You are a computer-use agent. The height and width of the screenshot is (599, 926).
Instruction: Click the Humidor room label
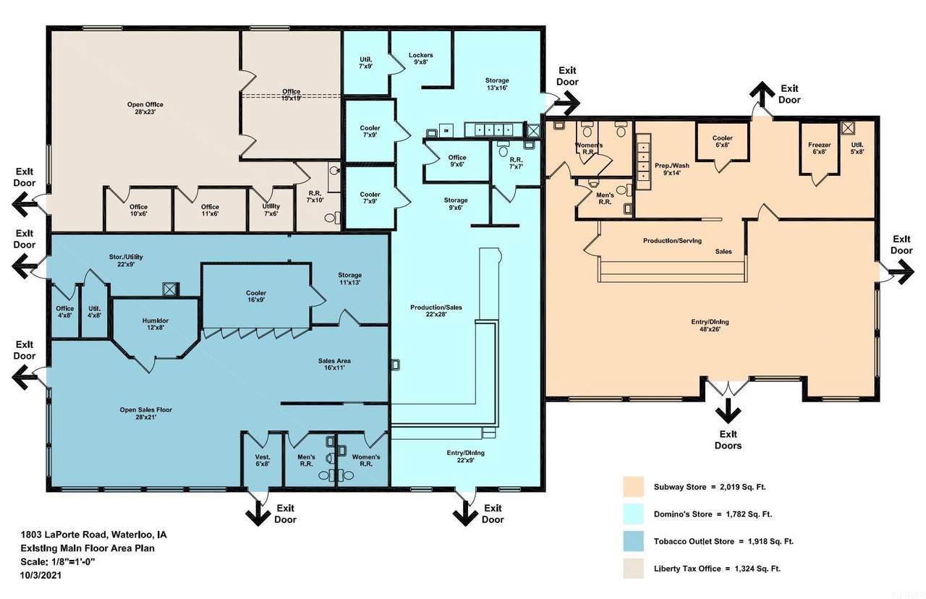(x=155, y=323)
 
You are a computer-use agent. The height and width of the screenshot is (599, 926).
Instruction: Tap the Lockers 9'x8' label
(x=420, y=59)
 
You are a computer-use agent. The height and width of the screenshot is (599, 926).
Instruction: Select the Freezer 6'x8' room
(x=819, y=148)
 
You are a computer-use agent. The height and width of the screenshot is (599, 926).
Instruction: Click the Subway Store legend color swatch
(x=633, y=487)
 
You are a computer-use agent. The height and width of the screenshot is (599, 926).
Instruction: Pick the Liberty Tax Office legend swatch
(x=633, y=569)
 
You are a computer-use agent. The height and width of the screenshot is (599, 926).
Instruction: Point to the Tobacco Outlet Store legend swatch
(x=633, y=541)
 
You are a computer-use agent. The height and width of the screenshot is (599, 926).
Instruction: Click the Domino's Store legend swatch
(x=633, y=514)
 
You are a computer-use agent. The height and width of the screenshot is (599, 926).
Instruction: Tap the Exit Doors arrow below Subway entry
(x=728, y=410)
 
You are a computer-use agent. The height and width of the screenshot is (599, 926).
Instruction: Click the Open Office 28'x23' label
(x=145, y=108)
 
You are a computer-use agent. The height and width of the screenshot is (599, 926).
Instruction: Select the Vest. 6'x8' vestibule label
(x=263, y=460)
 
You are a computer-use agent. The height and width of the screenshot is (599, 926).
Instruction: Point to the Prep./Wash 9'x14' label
(x=672, y=169)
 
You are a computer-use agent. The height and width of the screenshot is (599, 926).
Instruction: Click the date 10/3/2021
(x=41, y=575)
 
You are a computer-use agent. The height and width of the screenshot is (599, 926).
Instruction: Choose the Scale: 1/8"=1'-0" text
(x=58, y=562)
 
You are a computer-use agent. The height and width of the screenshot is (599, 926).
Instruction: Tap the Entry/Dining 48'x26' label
(x=710, y=326)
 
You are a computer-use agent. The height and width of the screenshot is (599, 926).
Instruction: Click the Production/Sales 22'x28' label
(x=436, y=310)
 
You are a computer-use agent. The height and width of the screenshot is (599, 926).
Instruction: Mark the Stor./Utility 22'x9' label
(x=126, y=260)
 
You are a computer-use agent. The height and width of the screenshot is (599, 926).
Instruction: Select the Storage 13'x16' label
(x=497, y=84)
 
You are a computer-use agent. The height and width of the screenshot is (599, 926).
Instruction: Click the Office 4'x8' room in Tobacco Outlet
(x=65, y=311)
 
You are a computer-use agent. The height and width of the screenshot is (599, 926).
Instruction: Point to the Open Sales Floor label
(x=145, y=413)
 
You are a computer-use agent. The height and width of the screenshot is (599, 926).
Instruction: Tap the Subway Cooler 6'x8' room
(x=722, y=141)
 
